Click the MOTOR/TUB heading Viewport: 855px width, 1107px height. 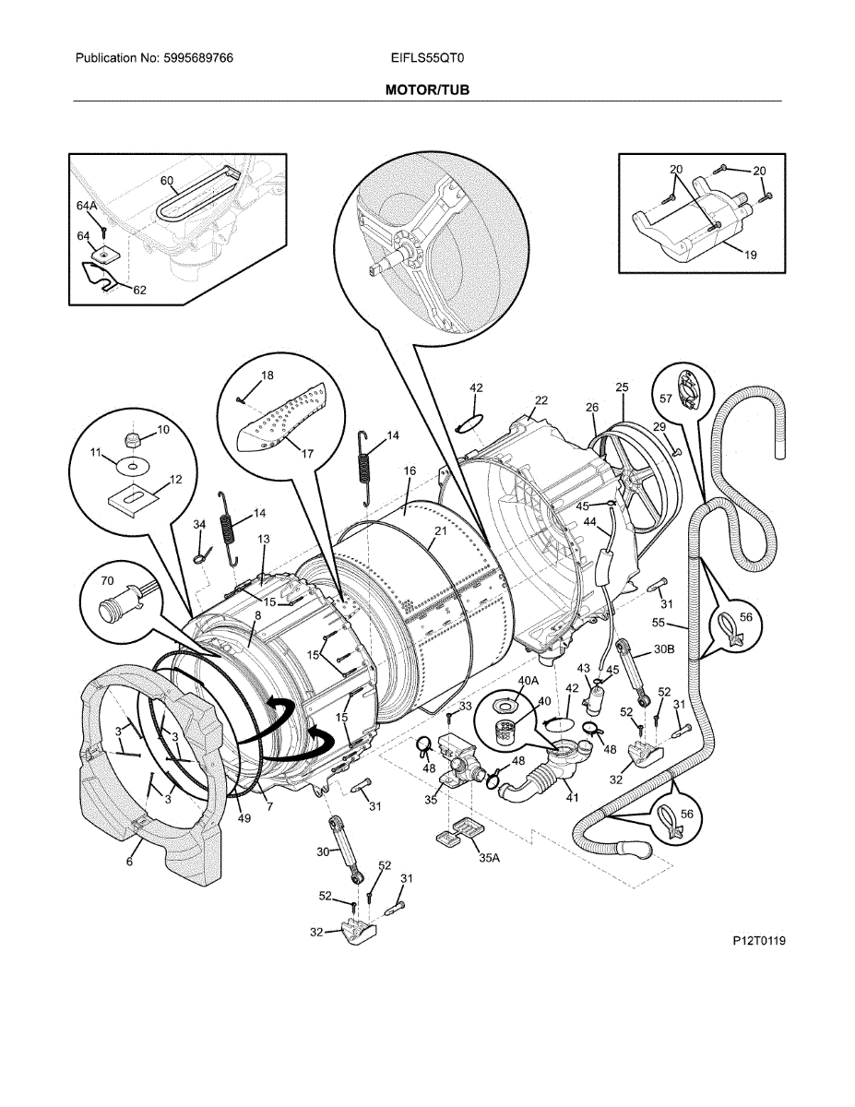tap(427, 90)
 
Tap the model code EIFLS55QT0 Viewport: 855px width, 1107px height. tap(427, 58)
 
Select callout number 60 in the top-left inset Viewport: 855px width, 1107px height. tap(167, 180)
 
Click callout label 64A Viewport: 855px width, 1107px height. tap(87, 205)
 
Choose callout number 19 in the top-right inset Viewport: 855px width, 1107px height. tap(750, 255)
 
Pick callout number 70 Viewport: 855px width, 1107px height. tap(107, 582)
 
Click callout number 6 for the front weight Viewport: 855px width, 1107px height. tap(129, 862)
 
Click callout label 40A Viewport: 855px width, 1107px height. tap(528, 681)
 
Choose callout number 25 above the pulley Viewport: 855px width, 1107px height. tap(622, 387)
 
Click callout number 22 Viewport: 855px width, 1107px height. tap(541, 399)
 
